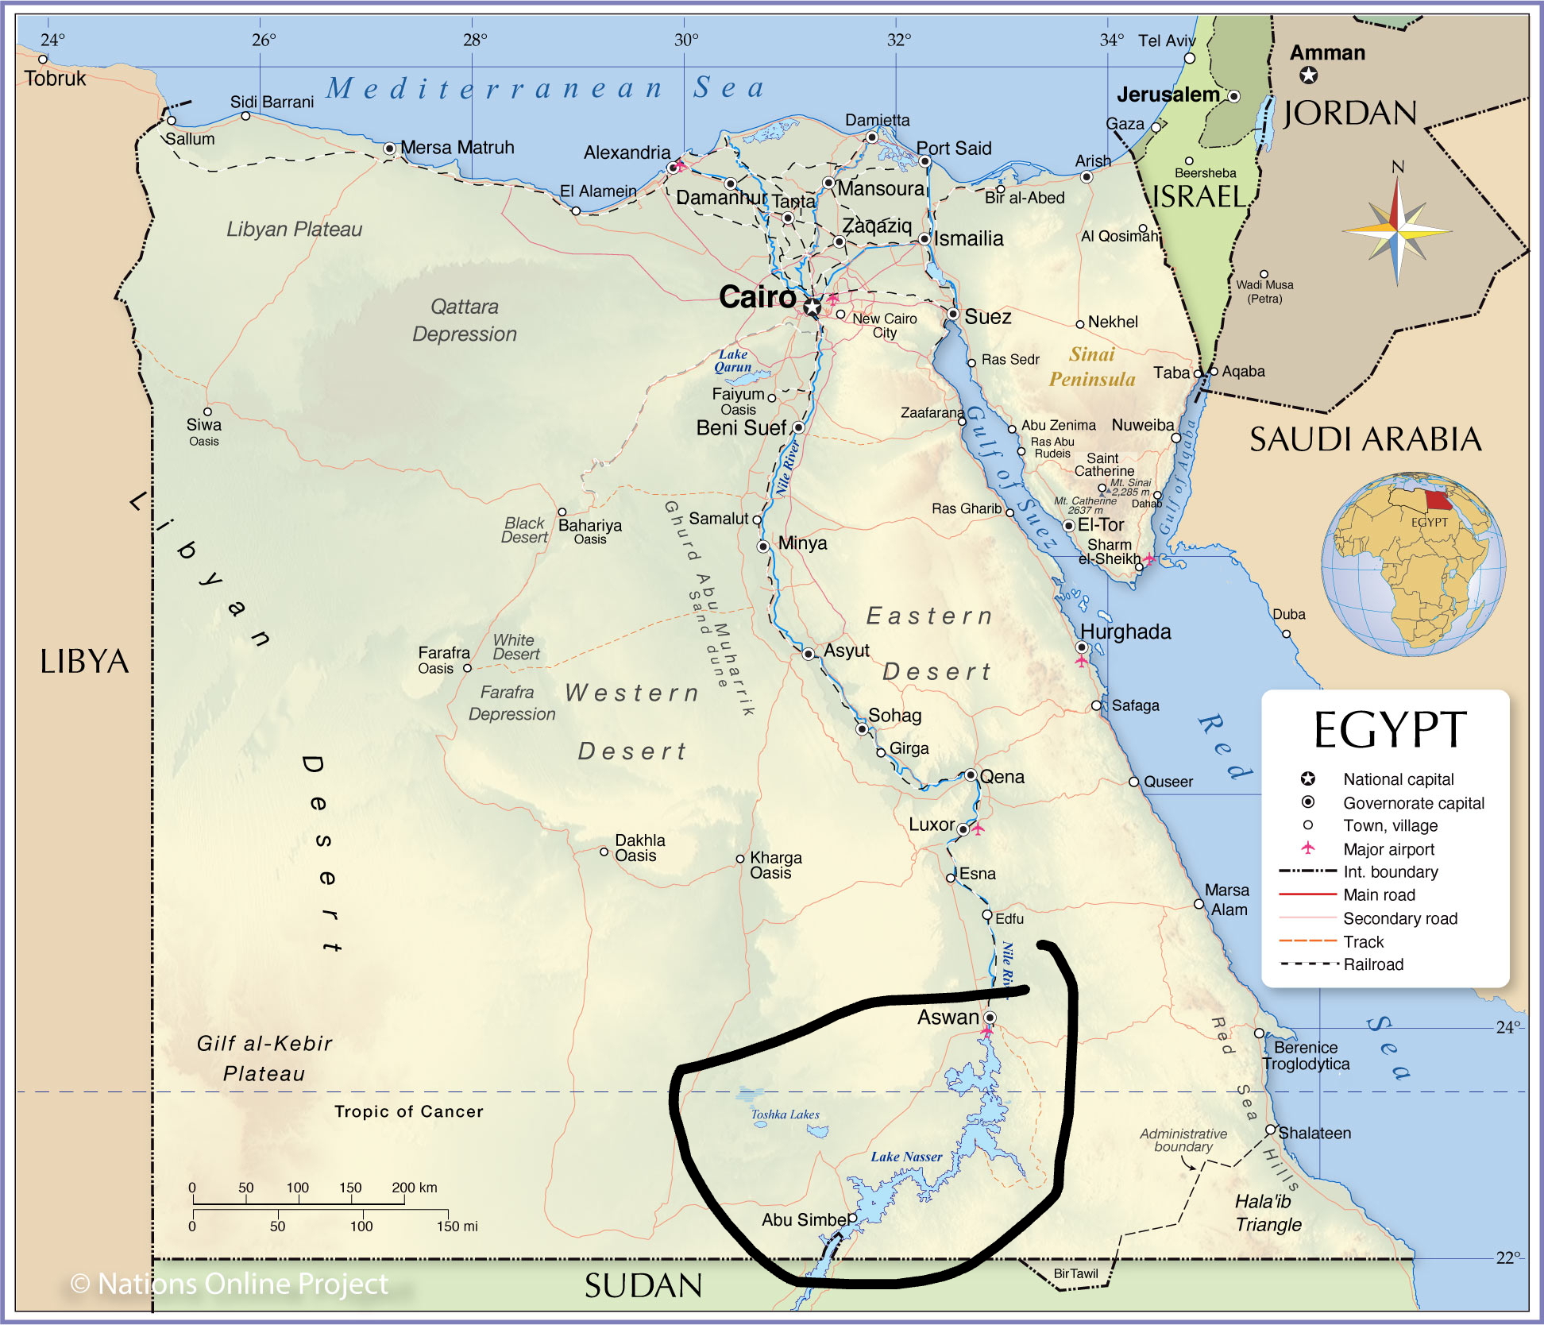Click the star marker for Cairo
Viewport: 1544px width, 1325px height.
(812, 307)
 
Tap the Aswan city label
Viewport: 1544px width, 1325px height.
(948, 1018)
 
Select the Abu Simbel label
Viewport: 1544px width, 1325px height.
(805, 1220)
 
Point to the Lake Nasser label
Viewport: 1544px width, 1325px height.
(906, 1157)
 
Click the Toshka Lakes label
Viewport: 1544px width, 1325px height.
(785, 1114)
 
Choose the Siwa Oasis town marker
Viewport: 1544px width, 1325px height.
(207, 411)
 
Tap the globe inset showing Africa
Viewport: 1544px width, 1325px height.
(1413, 564)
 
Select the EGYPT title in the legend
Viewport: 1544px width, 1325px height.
(1389, 730)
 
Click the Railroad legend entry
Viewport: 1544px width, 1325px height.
(1373, 964)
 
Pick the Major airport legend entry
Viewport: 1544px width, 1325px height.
(1388, 849)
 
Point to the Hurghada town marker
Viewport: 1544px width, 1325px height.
(1081, 647)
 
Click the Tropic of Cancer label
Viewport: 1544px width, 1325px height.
(408, 1111)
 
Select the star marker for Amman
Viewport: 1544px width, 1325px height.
(1308, 75)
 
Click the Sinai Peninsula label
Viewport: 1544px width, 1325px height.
(1092, 367)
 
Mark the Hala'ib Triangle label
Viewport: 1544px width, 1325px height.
(1268, 1213)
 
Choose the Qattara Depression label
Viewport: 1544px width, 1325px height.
(465, 320)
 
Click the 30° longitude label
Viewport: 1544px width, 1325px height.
(686, 40)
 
